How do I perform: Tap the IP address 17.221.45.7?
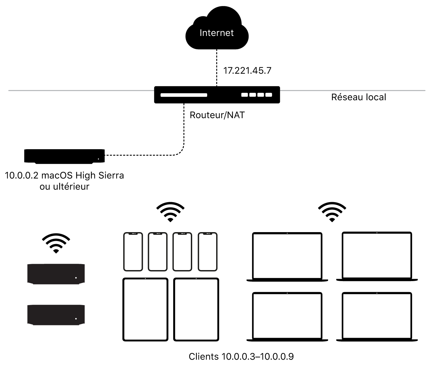(247, 71)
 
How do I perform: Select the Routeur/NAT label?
(217, 115)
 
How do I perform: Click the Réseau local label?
(358, 97)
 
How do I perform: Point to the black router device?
(217, 95)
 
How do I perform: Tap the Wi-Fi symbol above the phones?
(170, 211)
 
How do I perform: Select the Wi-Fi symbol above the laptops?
(332, 211)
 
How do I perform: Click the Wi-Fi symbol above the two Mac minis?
(56, 243)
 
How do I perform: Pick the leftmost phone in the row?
(133, 251)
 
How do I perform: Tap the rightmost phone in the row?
(208, 251)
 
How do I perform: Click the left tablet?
(145, 309)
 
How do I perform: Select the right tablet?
(196, 309)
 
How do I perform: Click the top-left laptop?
(287, 257)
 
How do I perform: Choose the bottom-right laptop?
(377, 317)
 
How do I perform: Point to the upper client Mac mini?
(56, 274)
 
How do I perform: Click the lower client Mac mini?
(56, 314)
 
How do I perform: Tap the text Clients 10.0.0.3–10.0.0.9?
(241, 357)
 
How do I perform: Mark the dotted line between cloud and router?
(217, 67)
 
